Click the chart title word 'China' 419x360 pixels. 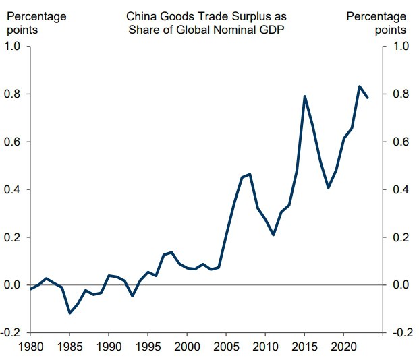coord(140,16)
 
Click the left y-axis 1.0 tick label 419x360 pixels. coord(13,46)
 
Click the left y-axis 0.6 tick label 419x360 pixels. coord(13,142)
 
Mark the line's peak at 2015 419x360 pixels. coord(305,96)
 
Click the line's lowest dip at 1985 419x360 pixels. coord(69,313)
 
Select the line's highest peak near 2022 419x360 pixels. coord(359,86)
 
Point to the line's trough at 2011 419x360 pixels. coord(273,235)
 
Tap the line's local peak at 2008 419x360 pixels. coord(250,174)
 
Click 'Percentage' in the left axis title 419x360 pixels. coord(35,16)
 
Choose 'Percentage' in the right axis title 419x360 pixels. coord(376,16)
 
